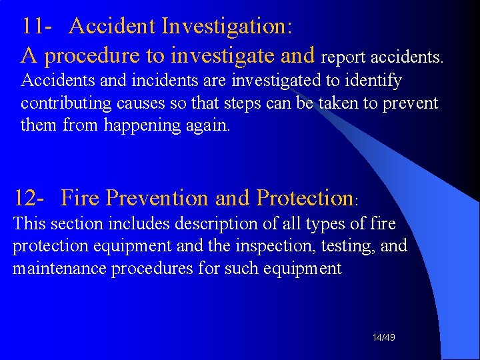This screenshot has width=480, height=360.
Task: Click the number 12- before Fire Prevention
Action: (x=30, y=198)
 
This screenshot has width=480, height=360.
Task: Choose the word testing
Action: (x=353, y=246)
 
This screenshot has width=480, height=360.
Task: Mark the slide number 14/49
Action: (x=384, y=338)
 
